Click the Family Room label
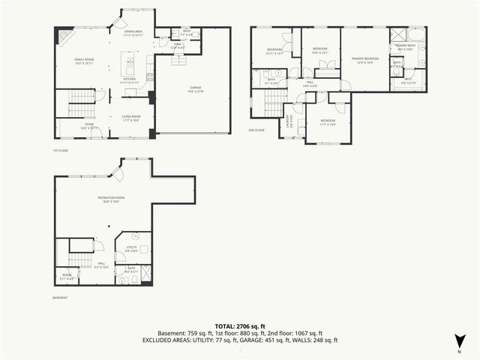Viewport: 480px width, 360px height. pos(84,61)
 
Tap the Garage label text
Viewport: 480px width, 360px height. pos(195,89)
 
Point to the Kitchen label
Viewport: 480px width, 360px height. pos(129,80)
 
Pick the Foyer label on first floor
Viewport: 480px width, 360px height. pos(89,126)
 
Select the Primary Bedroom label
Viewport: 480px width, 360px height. pos(365,59)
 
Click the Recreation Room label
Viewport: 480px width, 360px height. pos(110,199)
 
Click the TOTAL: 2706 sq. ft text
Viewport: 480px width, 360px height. pos(240,326)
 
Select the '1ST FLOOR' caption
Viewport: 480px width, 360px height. pos(61,151)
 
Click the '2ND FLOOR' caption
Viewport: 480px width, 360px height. pos(256,130)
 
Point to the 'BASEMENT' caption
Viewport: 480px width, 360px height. pos(60,298)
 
